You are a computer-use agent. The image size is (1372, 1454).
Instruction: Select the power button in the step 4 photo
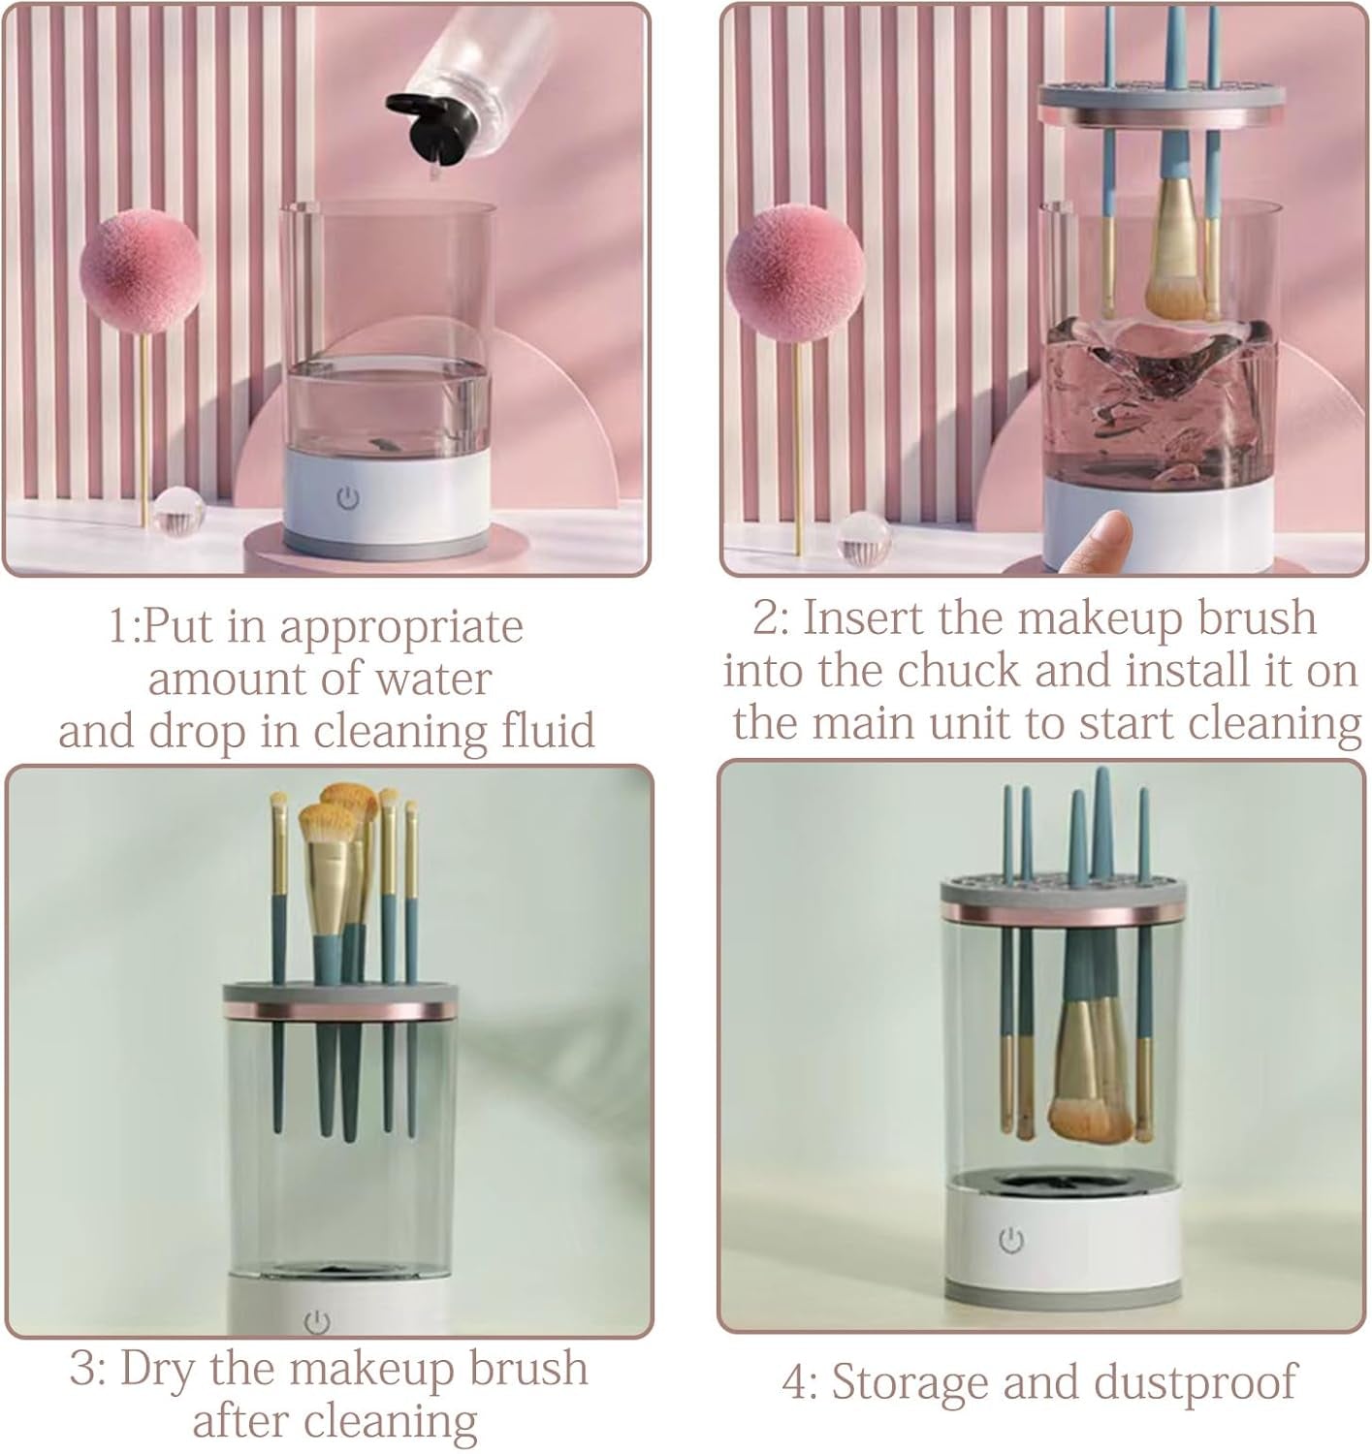pos(1010,1240)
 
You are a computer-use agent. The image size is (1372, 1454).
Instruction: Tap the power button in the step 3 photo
pos(317,1322)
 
